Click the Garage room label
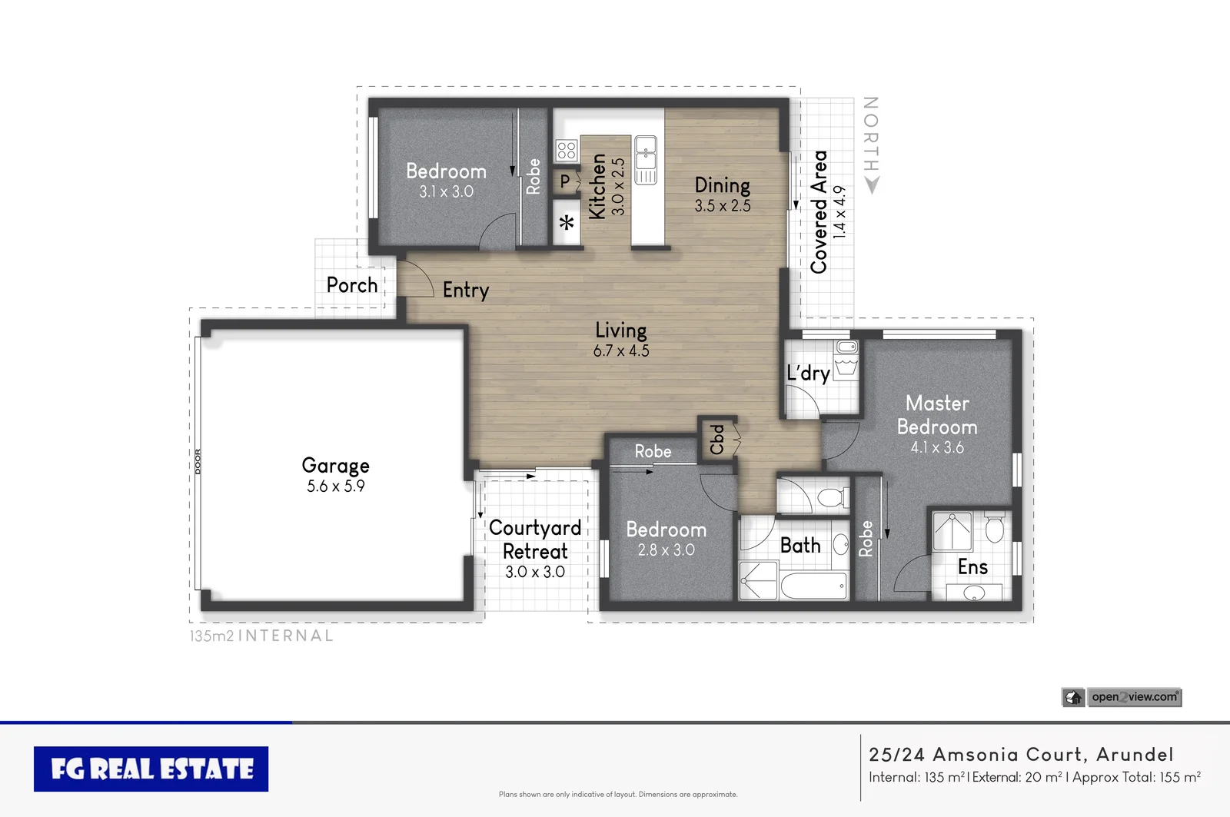pos(335,466)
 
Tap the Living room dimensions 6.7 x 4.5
pos(621,351)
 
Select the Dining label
pos(722,185)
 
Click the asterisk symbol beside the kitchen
pos(567,224)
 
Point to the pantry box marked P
pos(566,181)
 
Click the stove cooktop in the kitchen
pos(567,150)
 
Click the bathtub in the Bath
pos(813,586)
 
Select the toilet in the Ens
pos(994,529)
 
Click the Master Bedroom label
pos(937,415)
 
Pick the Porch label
pos(352,285)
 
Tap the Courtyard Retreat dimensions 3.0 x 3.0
pos(535,572)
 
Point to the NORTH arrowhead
pos(871,185)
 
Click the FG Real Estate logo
pos(151,769)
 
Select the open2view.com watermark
pos(1134,697)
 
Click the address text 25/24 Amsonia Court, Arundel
pos(1021,755)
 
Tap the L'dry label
pos(808,374)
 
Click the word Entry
pos(465,290)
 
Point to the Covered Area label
pos(819,212)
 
